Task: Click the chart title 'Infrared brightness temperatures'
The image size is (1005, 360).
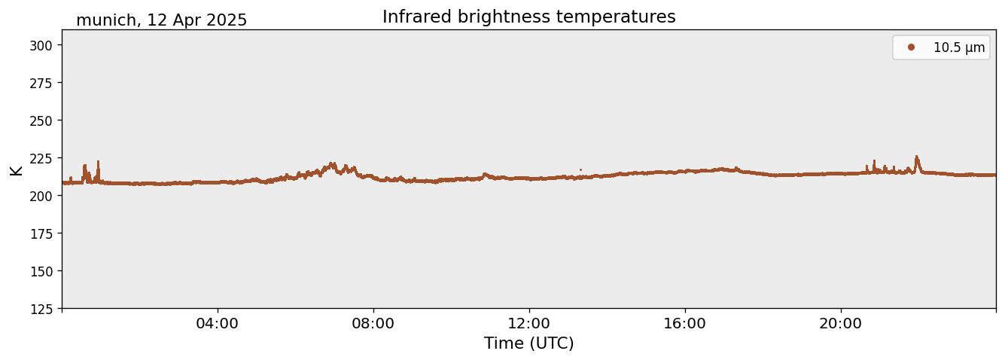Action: [528, 17]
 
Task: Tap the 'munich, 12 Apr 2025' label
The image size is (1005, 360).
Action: [161, 20]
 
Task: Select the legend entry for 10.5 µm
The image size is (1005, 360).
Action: [958, 47]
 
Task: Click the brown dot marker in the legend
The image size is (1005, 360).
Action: [911, 47]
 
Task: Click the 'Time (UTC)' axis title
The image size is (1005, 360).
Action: [528, 343]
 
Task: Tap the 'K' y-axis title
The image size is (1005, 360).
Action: [16, 169]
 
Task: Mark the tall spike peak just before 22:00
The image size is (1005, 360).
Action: [916, 157]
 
